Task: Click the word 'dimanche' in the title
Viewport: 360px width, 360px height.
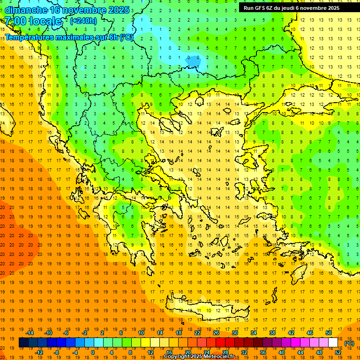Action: click(26, 9)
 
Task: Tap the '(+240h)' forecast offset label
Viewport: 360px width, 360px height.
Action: click(83, 21)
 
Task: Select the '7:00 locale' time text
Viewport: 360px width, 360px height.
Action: click(33, 21)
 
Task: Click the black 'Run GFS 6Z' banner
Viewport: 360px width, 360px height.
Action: click(295, 7)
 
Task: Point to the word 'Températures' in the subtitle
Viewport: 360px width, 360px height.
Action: click(31, 37)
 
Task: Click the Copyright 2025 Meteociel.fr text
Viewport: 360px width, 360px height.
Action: click(199, 357)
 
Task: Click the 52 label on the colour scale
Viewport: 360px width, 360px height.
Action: click(337, 352)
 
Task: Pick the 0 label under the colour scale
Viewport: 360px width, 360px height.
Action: click(92, 352)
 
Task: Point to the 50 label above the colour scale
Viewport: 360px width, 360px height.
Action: click(328, 333)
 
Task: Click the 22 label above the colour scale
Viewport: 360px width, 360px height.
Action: click(197, 333)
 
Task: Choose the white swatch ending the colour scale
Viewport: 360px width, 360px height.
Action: click(333, 343)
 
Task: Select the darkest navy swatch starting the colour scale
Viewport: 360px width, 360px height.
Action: click(23, 343)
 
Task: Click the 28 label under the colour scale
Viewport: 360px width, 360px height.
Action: click(225, 352)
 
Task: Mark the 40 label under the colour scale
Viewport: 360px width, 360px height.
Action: click(282, 352)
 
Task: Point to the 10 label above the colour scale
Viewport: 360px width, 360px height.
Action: click(141, 333)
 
